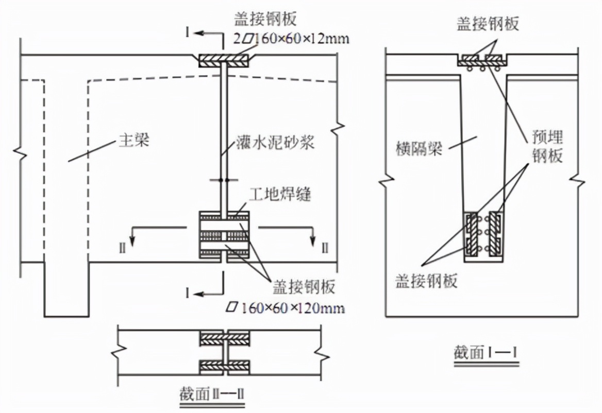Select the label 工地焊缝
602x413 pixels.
[x=280, y=195]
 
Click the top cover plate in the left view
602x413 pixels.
[x=225, y=60]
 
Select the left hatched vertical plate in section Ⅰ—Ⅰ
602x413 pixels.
[x=472, y=234]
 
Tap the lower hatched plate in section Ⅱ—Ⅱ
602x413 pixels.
[x=225, y=367]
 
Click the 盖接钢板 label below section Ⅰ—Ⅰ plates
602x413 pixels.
[x=426, y=281]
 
